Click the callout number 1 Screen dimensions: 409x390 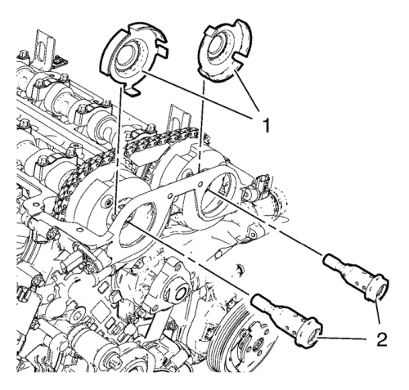point(264,124)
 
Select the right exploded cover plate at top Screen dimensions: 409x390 point(224,51)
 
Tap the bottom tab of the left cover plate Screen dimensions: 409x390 point(132,91)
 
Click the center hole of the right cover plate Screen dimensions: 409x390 point(218,44)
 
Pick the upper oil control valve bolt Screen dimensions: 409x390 point(356,276)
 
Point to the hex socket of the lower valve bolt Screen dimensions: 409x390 point(313,336)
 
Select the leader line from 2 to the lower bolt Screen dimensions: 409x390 point(346,338)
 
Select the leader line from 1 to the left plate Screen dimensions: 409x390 point(200,95)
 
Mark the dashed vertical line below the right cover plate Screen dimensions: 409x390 point(202,126)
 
